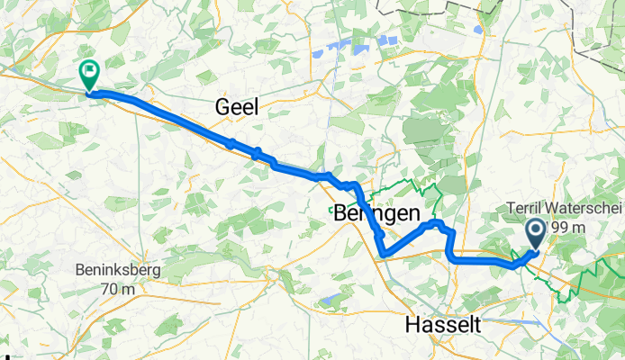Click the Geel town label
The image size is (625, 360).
pos(237,107)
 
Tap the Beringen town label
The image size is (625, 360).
pos(376,215)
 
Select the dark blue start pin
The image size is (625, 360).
pos(534,234)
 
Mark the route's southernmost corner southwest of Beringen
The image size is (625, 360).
pos(385,256)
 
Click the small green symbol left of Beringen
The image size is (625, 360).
pos(331,210)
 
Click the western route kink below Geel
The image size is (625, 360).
pos(231,143)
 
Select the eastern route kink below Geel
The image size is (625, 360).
pos(257,151)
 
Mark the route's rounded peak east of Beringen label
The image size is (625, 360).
pos(436,221)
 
